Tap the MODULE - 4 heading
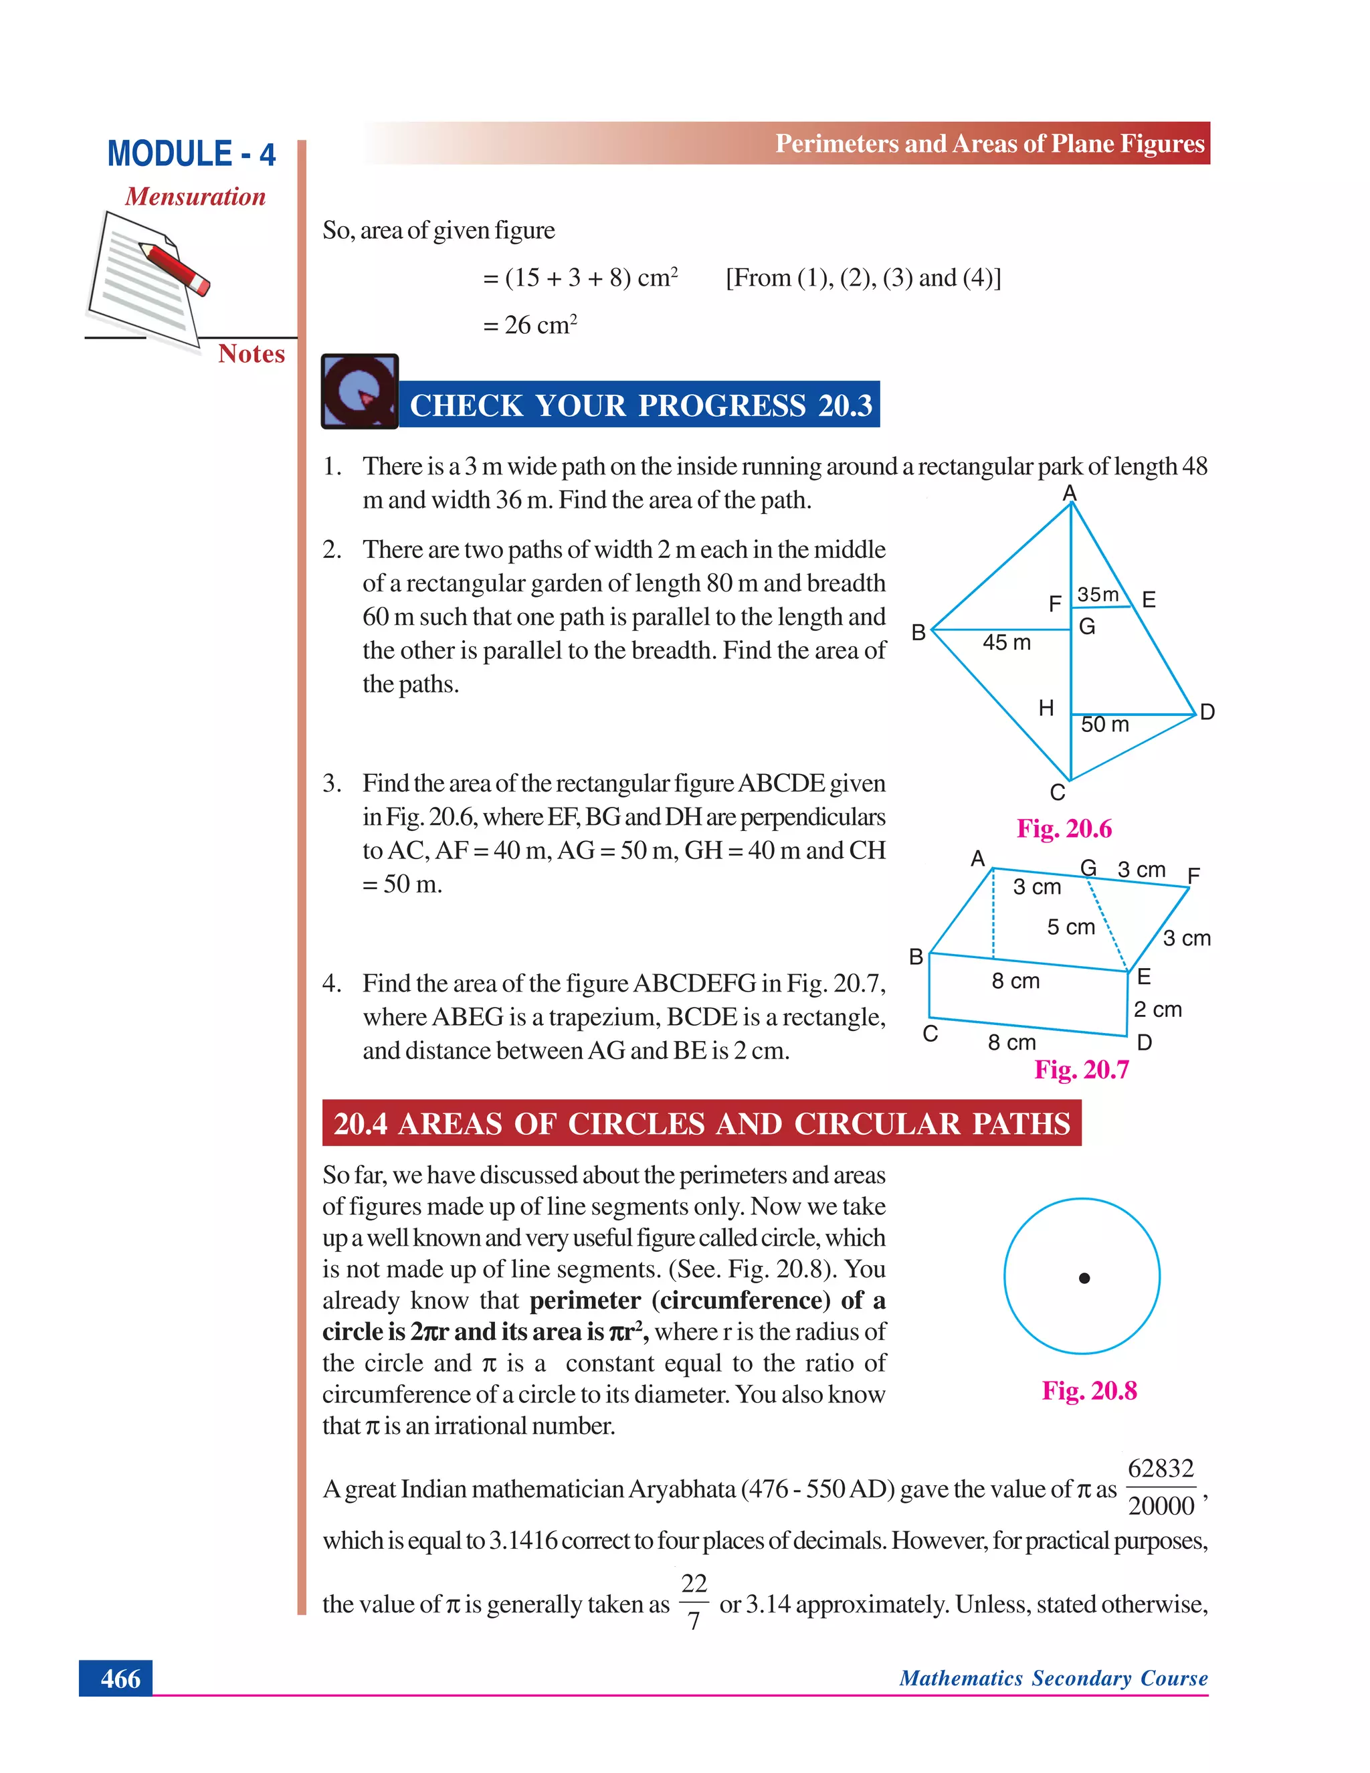(191, 155)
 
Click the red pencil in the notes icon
(175, 267)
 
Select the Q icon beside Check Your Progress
(359, 391)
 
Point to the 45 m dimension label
(1006, 643)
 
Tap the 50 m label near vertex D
(1104, 724)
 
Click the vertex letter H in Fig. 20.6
(1046, 709)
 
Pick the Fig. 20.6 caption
(1064, 829)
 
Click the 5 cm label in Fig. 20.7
(1070, 927)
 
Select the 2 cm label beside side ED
(1157, 1010)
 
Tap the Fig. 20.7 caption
(1081, 1070)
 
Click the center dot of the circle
(1084, 1279)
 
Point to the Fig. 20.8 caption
(1089, 1392)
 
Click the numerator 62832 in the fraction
(1161, 1469)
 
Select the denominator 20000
(1161, 1507)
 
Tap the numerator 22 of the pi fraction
(694, 1584)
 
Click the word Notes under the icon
(251, 354)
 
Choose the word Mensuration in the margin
(195, 197)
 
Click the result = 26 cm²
(530, 324)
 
